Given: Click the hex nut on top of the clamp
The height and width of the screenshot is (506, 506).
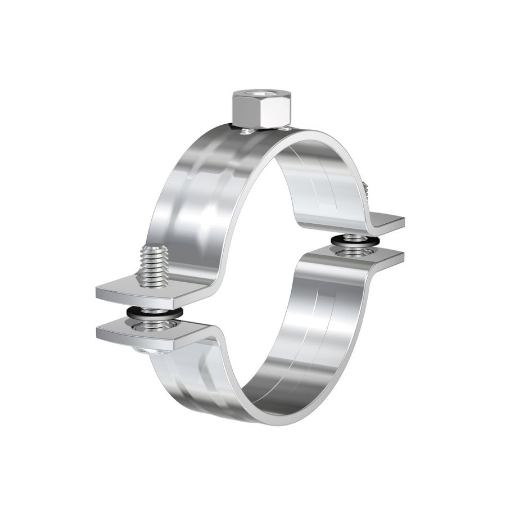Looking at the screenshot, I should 259,110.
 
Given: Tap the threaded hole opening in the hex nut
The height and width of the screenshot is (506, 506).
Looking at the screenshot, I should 259,94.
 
